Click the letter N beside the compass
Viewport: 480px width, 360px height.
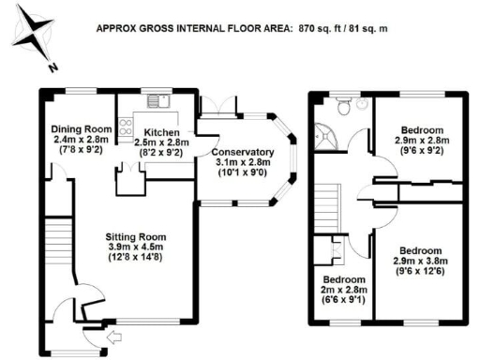pos(54,67)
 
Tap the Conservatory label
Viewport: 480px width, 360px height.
pos(242,152)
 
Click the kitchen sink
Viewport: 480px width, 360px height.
pos(155,100)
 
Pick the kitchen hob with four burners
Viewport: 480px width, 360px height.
pos(125,126)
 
